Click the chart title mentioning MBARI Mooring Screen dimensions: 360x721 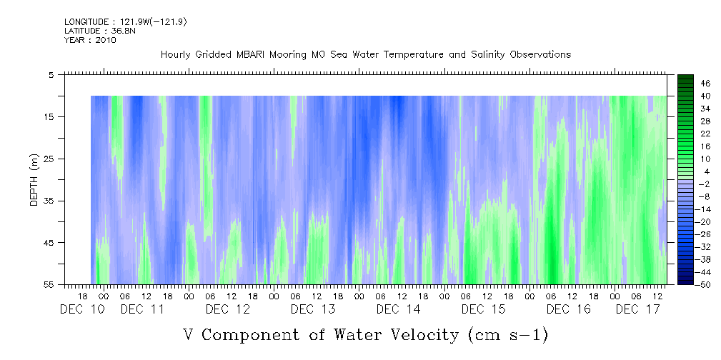(x=365, y=55)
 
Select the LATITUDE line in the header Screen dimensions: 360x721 (x=90, y=31)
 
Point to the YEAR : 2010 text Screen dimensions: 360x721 (x=90, y=40)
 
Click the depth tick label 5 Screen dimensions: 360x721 (x=51, y=74)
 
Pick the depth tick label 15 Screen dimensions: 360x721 (x=50, y=116)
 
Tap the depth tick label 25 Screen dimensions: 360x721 (x=50, y=159)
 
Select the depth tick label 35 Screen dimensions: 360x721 (x=50, y=201)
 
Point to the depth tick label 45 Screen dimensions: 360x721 (x=50, y=243)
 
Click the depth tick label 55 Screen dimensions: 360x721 (x=50, y=284)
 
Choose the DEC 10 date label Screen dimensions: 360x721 (x=82, y=309)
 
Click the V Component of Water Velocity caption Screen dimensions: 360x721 (x=365, y=334)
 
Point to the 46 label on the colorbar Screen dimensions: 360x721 (x=686, y=83)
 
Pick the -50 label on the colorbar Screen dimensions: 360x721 (x=685, y=284)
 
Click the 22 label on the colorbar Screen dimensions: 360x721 (x=686, y=134)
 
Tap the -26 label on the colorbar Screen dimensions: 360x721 (x=685, y=234)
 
